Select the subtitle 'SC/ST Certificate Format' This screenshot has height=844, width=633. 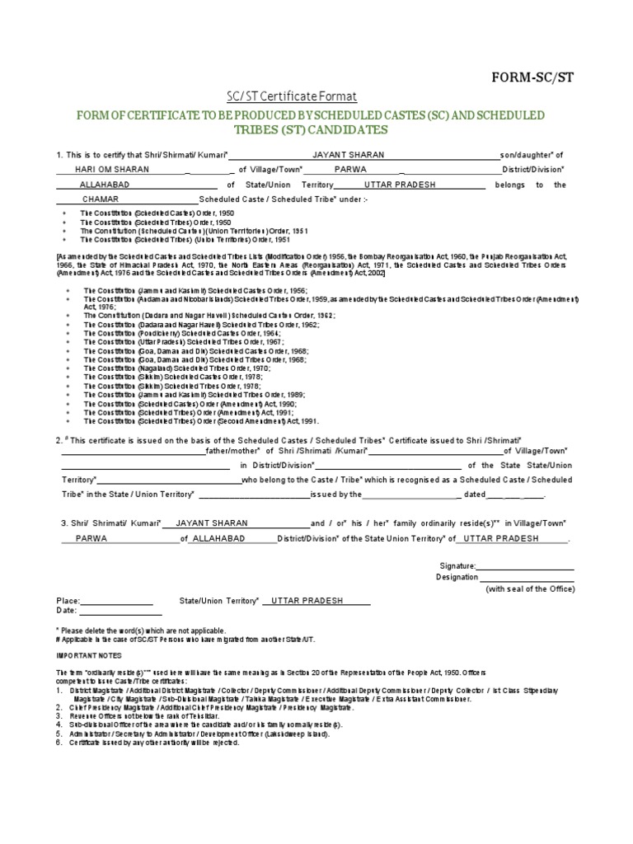(x=288, y=96)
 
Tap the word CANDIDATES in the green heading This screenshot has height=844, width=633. (x=342, y=130)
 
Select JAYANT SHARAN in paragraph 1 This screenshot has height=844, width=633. (x=348, y=155)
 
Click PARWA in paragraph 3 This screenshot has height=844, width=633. (x=91, y=538)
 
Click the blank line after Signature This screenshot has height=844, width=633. (x=526, y=566)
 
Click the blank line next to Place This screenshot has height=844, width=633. (x=116, y=601)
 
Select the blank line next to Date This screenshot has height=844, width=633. (x=109, y=612)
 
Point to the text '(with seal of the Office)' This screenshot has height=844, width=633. (x=530, y=589)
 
